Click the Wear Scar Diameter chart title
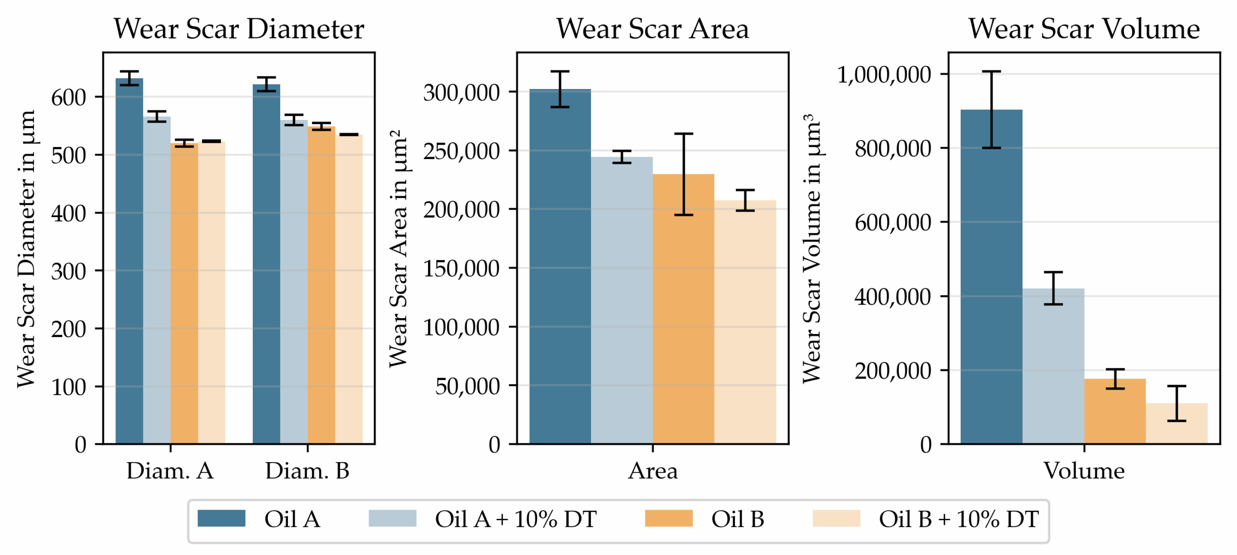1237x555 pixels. tap(238, 29)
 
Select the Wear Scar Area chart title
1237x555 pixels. tap(652, 29)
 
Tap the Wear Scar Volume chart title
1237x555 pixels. tap(1084, 29)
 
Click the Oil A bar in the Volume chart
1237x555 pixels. tap(991, 290)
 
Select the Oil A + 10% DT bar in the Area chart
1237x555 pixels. tap(621, 300)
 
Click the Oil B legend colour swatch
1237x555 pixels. tap(668, 518)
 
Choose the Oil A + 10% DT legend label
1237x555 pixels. tap(515, 519)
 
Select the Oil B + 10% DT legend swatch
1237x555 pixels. tap(836, 518)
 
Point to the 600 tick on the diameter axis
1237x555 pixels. tap(69, 98)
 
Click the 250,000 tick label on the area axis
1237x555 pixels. tap(461, 151)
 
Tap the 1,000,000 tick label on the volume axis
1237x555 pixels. tap(884, 75)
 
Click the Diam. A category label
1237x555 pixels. tap(170, 470)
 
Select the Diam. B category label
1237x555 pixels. tap(307, 470)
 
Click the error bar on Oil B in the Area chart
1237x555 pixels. tap(683, 174)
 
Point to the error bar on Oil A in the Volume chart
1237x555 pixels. tap(991, 110)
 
